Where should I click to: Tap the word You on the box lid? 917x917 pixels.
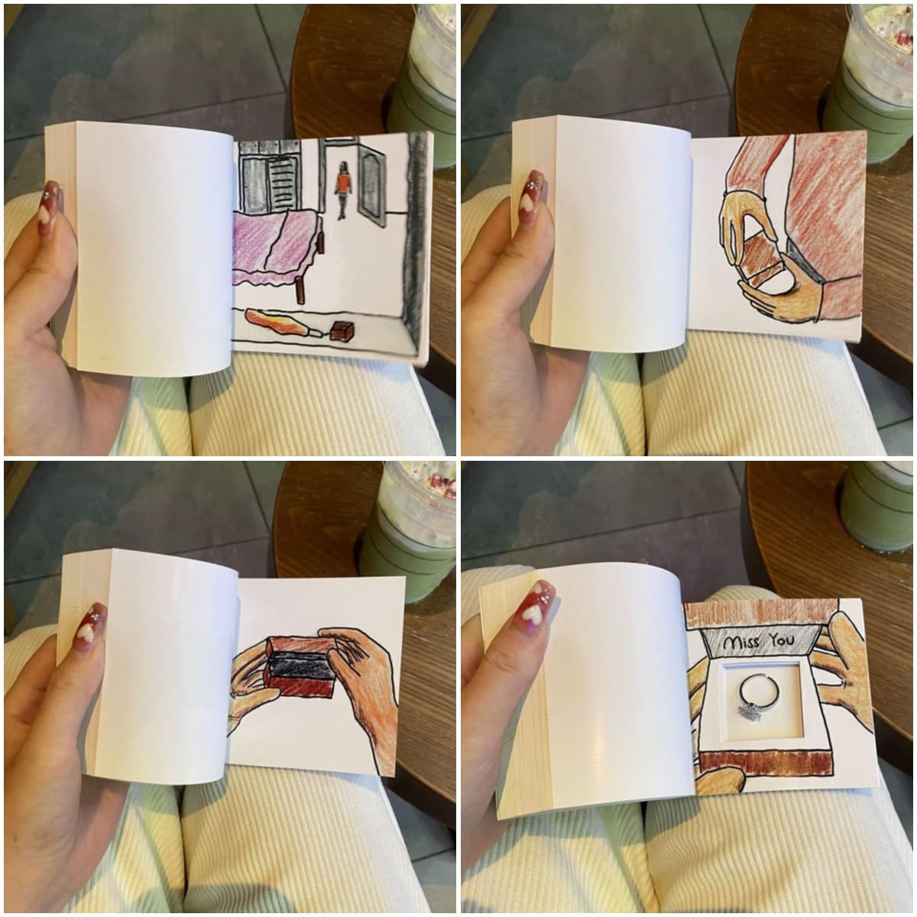(782, 640)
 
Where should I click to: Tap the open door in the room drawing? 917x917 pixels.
(371, 186)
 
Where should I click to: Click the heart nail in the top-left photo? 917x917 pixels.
(49, 207)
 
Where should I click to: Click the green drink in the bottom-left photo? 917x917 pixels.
(407, 519)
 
